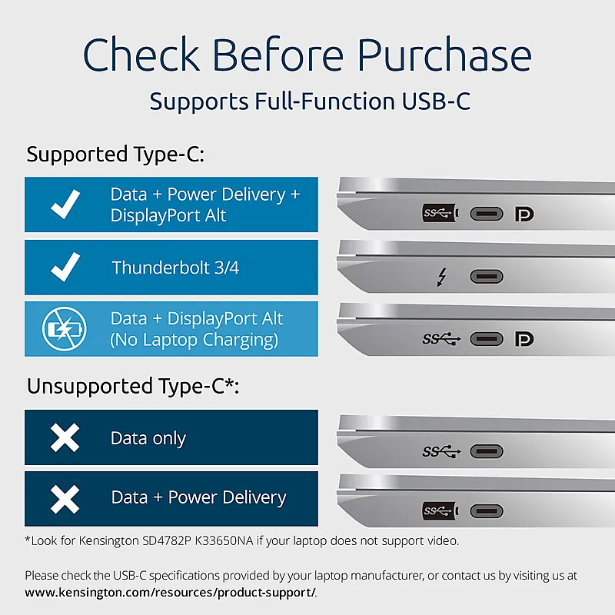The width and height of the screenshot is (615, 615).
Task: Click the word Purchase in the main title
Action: (x=444, y=55)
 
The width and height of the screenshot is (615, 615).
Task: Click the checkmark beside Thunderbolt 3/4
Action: (x=65, y=267)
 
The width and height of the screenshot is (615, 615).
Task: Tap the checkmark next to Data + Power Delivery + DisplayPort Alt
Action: (x=65, y=204)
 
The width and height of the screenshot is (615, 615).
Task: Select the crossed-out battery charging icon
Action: (x=65, y=329)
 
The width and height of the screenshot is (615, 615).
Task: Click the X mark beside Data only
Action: (x=65, y=437)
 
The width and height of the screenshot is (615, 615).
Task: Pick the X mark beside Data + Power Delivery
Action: (x=65, y=499)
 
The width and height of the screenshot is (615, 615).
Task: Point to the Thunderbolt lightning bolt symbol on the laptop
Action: (x=442, y=277)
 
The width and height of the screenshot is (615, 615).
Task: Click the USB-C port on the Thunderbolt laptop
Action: (x=487, y=277)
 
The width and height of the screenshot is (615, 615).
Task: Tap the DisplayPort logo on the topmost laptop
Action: (x=524, y=214)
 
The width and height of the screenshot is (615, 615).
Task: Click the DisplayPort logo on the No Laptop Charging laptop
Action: (x=524, y=339)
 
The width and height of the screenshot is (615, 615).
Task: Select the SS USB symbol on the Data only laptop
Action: (x=441, y=451)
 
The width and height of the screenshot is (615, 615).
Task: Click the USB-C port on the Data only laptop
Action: (x=487, y=451)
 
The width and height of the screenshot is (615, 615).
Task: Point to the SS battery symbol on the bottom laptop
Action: (x=440, y=511)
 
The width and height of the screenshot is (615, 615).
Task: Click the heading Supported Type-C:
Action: (x=115, y=155)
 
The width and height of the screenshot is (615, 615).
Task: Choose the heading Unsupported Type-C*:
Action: (x=133, y=387)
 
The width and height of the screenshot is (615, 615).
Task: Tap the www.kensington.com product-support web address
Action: (x=170, y=592)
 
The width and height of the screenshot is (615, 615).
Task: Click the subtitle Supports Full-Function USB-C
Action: (x=310, y=101)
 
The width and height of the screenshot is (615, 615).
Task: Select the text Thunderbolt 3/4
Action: (x=175, y=268)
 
